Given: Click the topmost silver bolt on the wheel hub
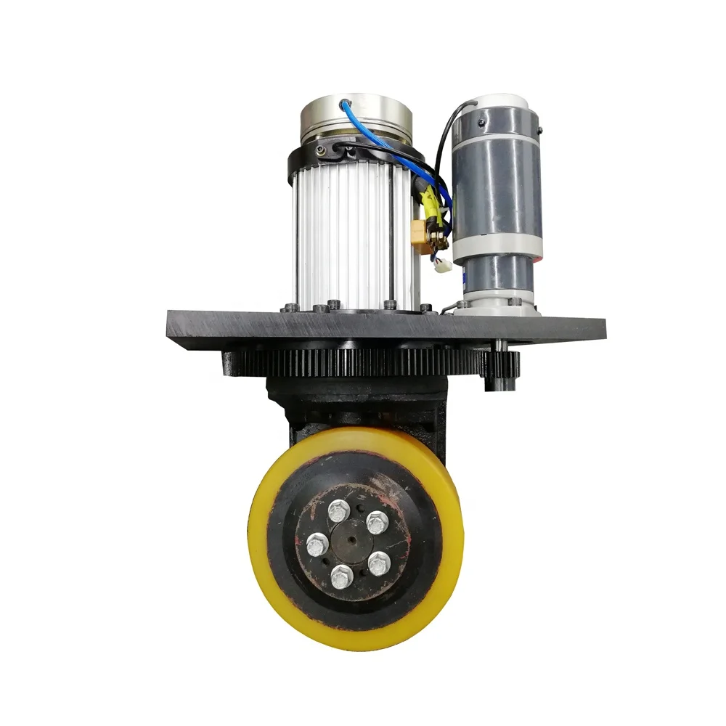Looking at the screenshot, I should [x=338, y=512].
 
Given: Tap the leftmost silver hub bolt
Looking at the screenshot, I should [x=317, y=544].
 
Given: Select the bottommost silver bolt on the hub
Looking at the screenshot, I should [x=342, y=577].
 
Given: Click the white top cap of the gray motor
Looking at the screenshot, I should [x=501, y=100].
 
